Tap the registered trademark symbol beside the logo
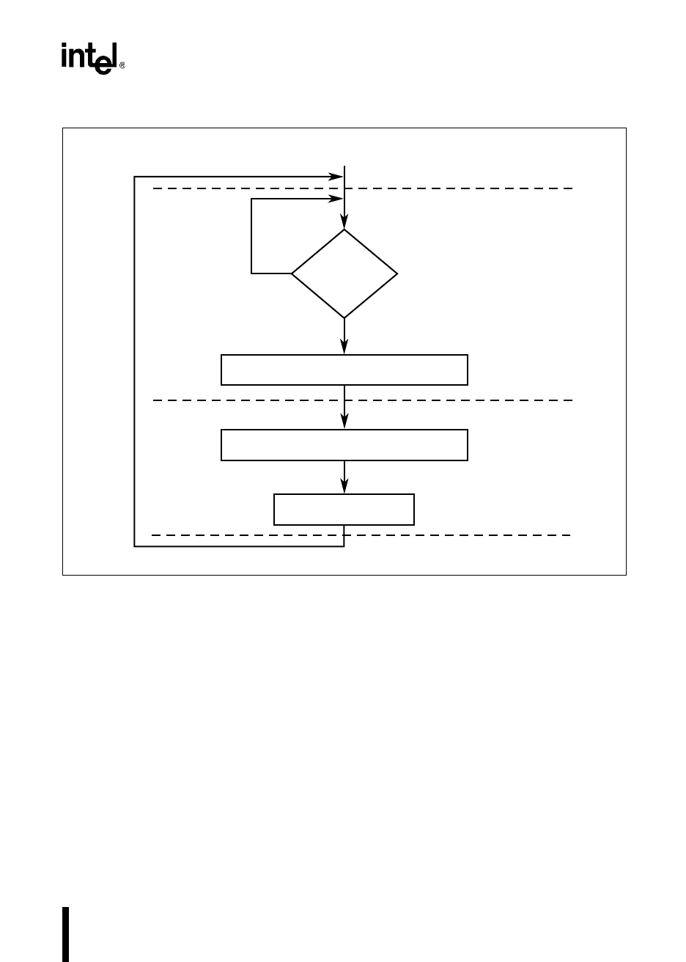coord(122,65)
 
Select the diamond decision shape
coord(344,273)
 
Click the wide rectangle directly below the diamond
coord(344,370)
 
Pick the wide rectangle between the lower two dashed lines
coord(344,445)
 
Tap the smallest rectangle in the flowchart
coord(344,510)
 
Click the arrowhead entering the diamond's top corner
coord(344,223)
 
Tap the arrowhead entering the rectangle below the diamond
coord(344,348)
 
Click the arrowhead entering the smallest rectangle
coord(344,488)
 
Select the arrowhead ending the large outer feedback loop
coord(337,177)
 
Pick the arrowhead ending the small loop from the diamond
coord(337,199)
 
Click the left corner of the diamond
coord(292,273)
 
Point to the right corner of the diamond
coord(397,273)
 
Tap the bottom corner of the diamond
coord(344,317)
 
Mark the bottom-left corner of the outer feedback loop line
coord(135,546)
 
